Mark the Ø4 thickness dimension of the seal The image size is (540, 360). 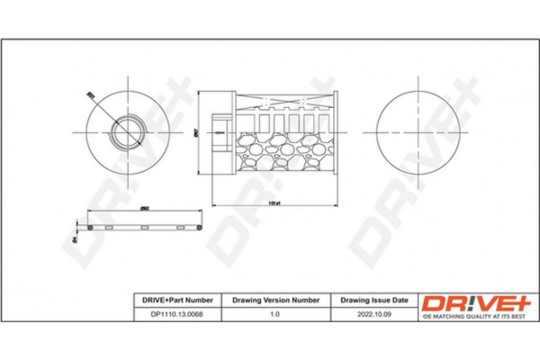75,239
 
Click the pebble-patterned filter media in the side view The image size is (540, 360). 279,148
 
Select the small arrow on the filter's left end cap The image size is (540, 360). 219,132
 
